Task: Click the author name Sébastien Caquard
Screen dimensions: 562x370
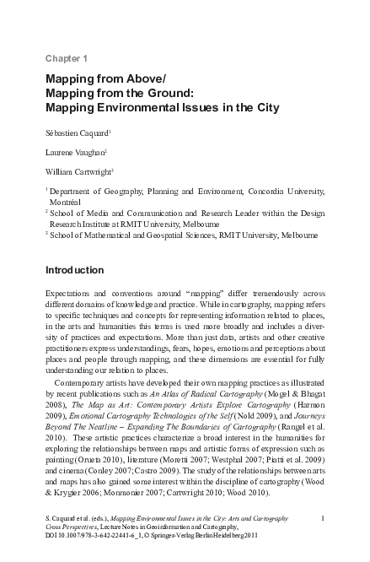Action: click(x=73, y=132)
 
